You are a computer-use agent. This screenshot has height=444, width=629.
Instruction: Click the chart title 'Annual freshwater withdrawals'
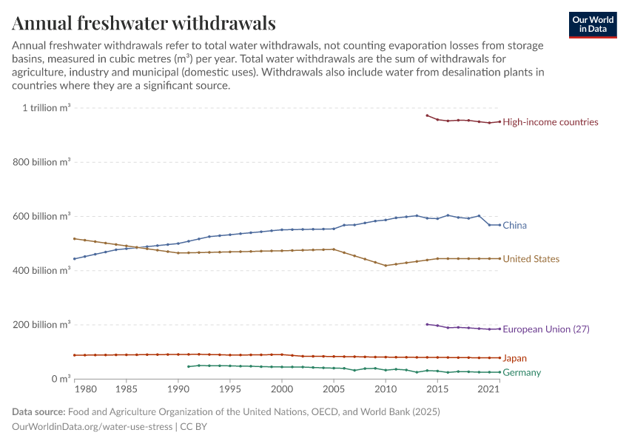tap(144, 24)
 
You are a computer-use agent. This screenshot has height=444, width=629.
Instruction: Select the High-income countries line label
tap(550, 122)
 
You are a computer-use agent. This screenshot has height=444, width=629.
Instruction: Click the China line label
tap(514, 225)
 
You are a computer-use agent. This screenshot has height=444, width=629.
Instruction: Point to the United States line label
tap(531, 259)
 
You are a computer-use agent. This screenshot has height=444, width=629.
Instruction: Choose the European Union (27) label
tap(545, 329)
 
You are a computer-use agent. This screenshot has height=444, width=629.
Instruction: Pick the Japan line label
tap(514, 358)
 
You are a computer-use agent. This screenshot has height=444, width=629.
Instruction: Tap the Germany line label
tap(521, 372)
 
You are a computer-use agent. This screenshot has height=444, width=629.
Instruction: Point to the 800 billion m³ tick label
tap(42, 162)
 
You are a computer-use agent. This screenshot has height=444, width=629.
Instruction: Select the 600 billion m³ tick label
tap(42, 216)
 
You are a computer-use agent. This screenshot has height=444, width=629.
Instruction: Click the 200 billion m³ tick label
tap(42, 324)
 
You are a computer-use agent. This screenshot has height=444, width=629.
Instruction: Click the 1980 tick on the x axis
tap(85, 389)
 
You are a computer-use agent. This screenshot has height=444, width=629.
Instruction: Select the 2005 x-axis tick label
tap(334, 389)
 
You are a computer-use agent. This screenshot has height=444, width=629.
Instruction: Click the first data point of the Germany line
tap(189, 366)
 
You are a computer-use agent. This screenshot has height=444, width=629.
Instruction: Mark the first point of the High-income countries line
tap(427, 115)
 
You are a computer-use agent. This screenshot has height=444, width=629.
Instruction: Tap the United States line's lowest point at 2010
tap(386, 266)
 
